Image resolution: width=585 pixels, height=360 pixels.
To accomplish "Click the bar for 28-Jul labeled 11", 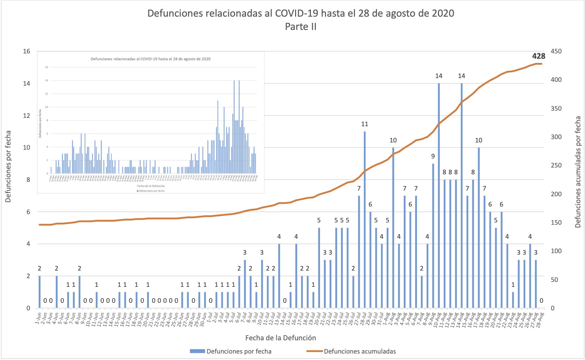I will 365,220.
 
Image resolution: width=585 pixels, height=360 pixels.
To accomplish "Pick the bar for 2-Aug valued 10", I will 393,228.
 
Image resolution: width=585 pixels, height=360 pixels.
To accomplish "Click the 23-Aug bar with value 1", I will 513,300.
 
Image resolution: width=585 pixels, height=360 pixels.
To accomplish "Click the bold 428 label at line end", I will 538,56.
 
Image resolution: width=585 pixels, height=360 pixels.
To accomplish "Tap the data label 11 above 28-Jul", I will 365,124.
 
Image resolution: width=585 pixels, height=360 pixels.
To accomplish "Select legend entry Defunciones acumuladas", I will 359,351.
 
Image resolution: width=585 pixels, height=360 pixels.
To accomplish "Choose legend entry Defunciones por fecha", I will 239,351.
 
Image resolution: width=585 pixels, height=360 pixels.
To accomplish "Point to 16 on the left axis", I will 27,52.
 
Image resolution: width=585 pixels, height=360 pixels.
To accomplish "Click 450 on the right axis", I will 557,52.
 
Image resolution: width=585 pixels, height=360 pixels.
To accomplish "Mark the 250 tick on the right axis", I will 557,166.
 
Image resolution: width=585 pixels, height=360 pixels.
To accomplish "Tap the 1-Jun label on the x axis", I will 38,318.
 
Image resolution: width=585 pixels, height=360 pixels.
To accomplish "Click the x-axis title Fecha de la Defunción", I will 281,338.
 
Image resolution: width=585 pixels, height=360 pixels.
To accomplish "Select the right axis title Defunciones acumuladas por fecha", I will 578,172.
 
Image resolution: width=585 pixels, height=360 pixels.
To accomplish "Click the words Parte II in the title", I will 301,27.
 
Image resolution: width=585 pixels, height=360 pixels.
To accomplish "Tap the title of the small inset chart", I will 151,59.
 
